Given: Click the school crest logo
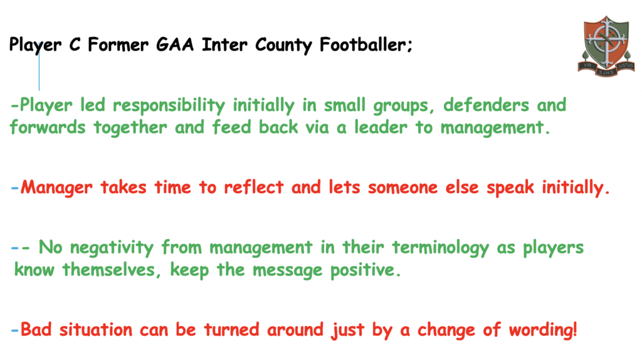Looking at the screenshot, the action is coord(606,46).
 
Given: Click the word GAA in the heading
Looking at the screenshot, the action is coord(175,45).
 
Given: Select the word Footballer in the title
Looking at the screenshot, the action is coord(363,45).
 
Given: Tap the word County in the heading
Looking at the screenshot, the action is coord(284,45).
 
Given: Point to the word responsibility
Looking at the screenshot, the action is coord(169,105).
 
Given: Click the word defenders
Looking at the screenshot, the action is coord(486,105).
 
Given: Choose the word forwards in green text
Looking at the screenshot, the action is coord(48,127).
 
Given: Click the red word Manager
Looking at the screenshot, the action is coord(56,188).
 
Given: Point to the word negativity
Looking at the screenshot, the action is coord(112,248).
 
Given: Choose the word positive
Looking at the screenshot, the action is coord(366,270).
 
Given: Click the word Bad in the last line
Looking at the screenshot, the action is coord(36,329).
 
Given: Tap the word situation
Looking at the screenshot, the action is coord(96,329).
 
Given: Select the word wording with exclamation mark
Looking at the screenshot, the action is coord(543,329).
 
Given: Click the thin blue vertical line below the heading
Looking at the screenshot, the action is coord(39,66).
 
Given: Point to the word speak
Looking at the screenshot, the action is coord(510,188).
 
